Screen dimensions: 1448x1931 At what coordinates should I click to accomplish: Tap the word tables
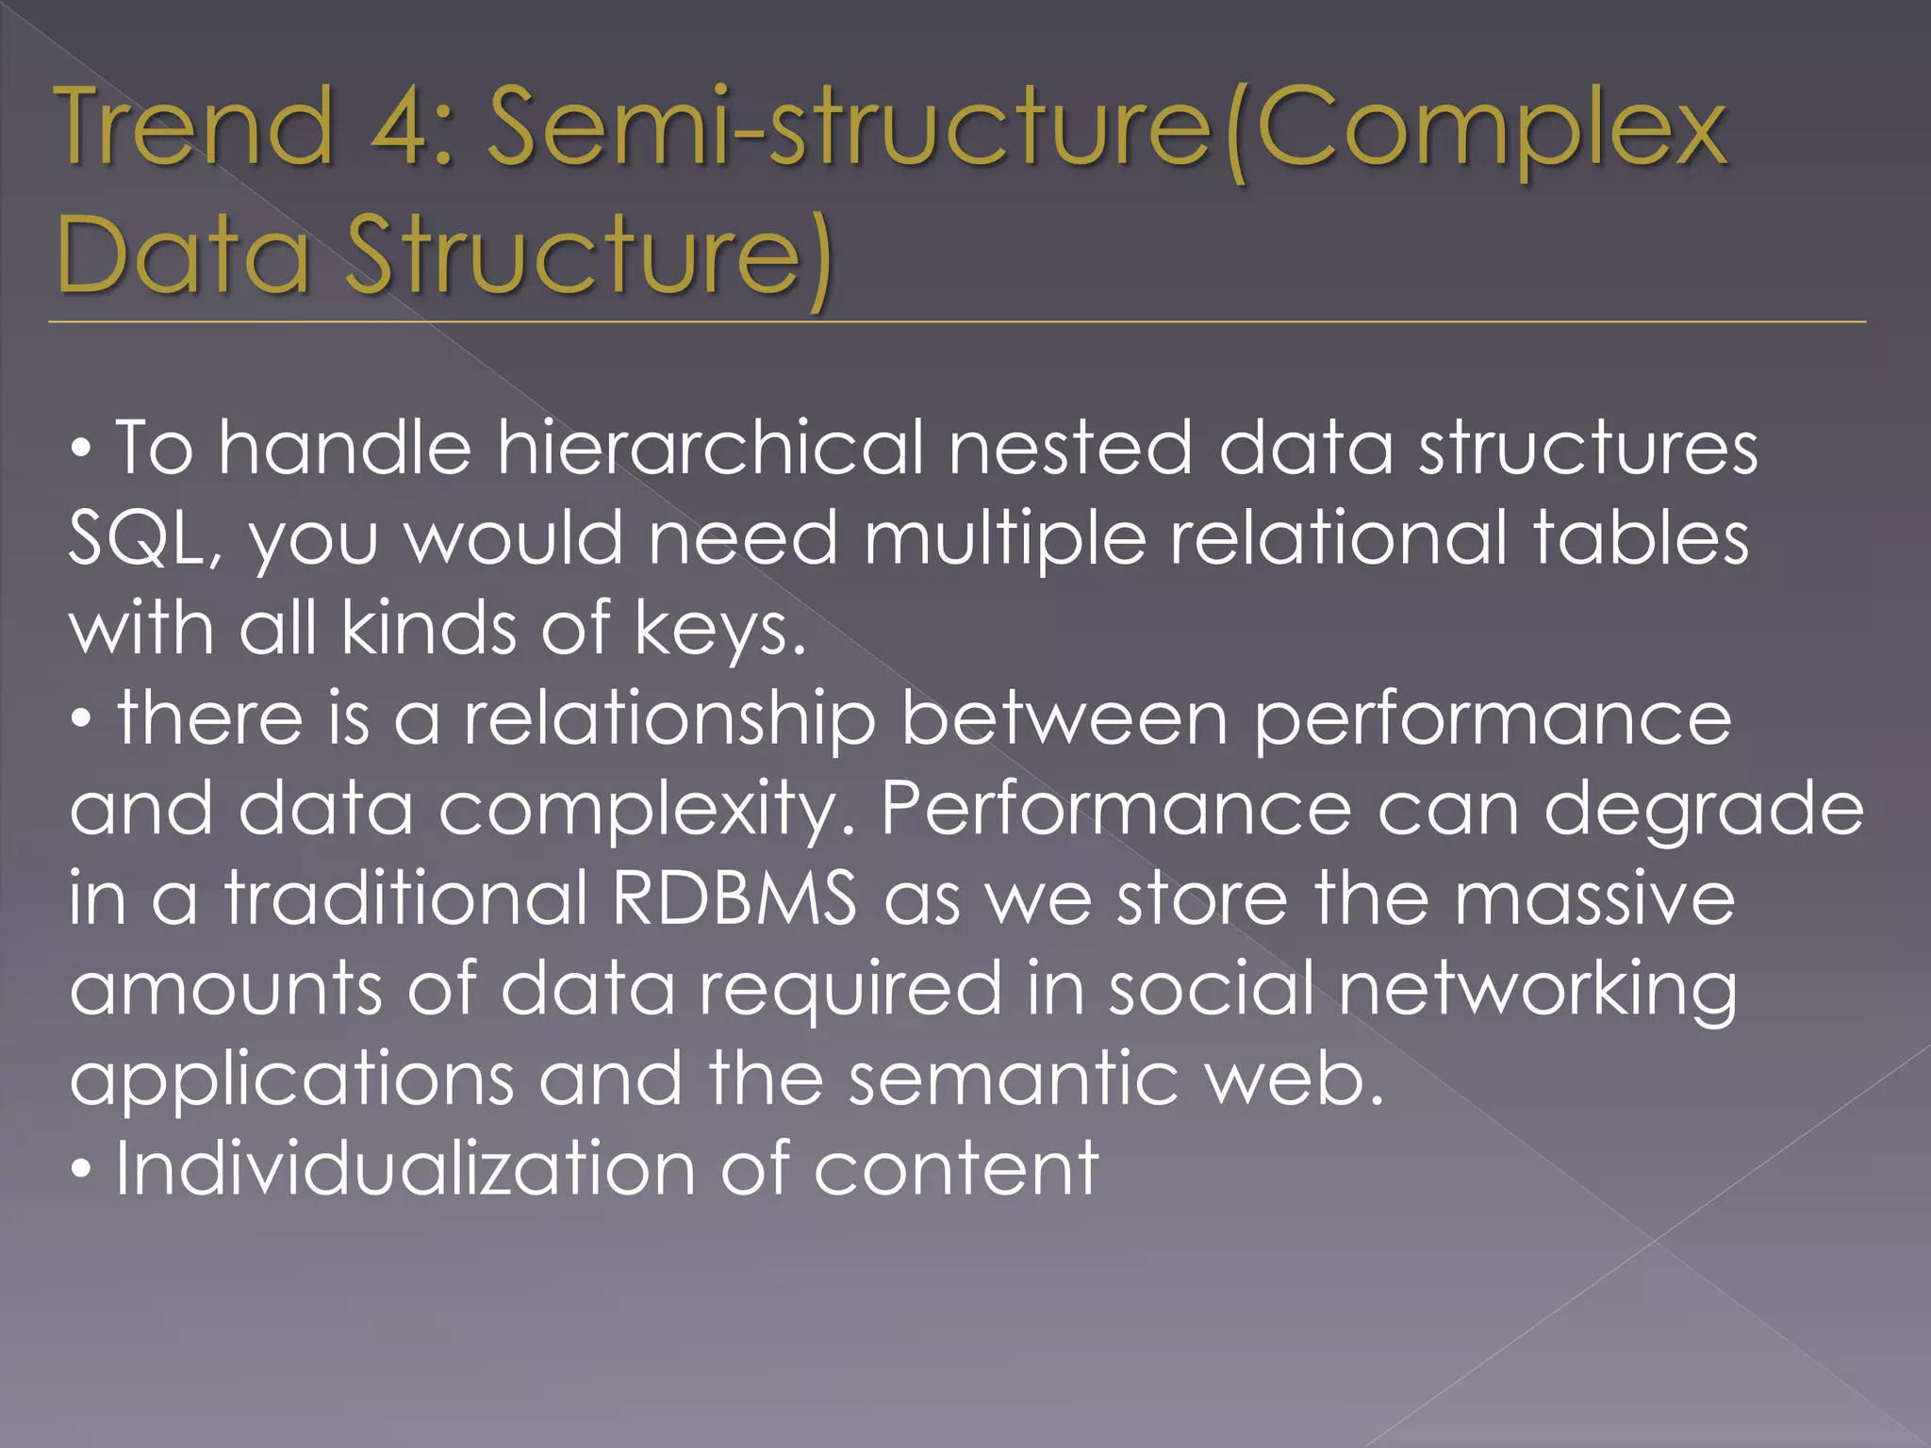coord(1641,538)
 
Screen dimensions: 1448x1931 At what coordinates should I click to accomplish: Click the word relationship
coord(669,719)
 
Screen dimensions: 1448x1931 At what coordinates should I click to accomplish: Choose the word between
coord(1065,719)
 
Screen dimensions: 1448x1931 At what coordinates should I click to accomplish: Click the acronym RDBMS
coord(734,898)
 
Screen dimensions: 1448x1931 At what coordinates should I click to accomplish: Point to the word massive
coord(1593,898)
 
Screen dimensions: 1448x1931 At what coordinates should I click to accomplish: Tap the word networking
coord(1537,989)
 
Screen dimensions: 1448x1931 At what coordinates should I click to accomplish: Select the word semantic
coord(1014,1078)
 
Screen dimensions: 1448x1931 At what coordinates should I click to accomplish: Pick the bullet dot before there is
coord(83,723)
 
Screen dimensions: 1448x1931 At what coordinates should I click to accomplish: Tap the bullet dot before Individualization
coord(83,1173)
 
